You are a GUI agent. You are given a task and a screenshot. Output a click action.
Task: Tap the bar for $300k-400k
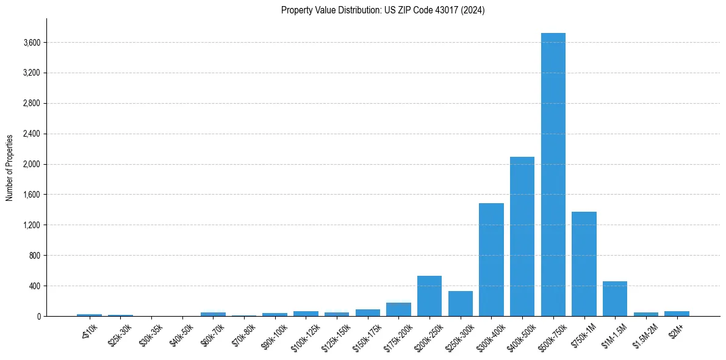(x=491, y=260)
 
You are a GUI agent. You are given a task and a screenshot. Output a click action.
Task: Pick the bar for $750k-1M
(x=584, y=264)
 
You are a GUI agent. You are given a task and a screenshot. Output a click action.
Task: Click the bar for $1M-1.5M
(x=615, y=299)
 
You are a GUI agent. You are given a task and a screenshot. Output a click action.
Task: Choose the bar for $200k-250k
(x=429, y=297)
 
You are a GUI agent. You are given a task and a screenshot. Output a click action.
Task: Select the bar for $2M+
(x=677, y=314)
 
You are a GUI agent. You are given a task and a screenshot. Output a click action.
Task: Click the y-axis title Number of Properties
(x=10, y=168)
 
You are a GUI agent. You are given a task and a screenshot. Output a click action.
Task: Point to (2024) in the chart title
(x=473, y=10)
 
